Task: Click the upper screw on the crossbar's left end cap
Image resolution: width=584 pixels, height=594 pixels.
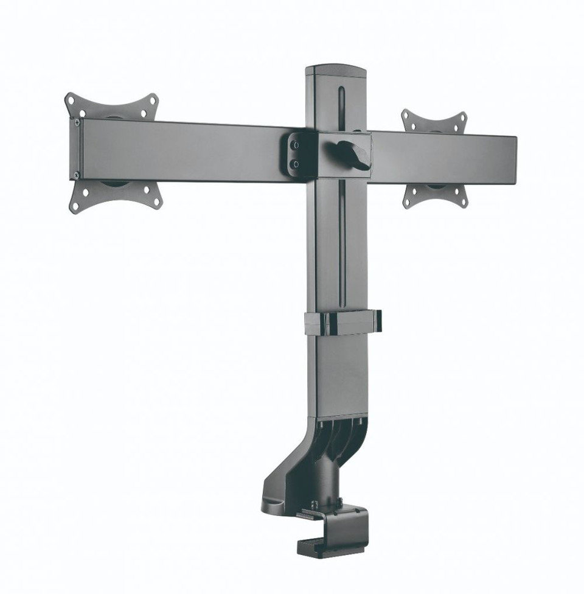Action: [x=77, y=122]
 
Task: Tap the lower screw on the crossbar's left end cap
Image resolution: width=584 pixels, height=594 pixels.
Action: [x=76, y=175]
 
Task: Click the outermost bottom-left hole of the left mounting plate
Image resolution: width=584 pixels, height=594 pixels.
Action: [x=75, y=206]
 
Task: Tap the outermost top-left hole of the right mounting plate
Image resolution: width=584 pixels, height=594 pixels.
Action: [x=406, y=116]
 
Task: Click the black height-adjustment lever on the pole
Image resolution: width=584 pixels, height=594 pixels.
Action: [x=355, y=153]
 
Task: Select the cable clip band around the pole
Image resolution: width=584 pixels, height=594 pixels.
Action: [x=344, y=323]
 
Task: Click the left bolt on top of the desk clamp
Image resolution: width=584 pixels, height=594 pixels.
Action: [x=315, y=505]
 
